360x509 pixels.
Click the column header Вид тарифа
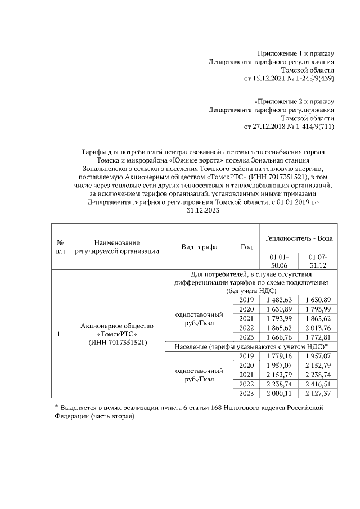(x=199, y=247)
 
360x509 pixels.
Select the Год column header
(x=246, y=247)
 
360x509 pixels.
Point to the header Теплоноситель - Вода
(x=299, y=238)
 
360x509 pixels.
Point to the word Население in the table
(x=192, y=346)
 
